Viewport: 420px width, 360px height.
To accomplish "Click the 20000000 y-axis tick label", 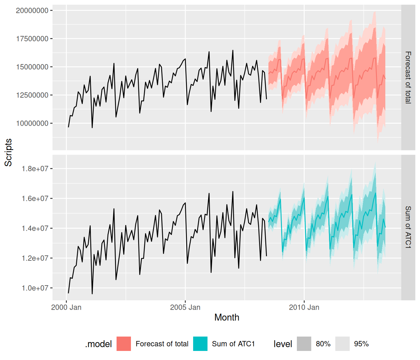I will (x=32, y=11).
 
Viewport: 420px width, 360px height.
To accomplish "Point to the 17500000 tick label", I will (x=32, y=39).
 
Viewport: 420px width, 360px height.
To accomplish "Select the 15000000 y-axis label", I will (x=32, y=67).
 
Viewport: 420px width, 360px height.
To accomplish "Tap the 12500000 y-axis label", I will (x=32, y=95).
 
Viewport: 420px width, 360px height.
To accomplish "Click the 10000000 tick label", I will (x=32, y=123).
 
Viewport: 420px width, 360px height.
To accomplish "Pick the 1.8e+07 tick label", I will (x=35, y=169).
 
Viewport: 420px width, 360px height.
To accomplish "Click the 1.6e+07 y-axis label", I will (x=35, y=198).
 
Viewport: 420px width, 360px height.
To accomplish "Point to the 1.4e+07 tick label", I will (x=35, y=228).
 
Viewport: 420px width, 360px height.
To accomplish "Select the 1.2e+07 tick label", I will (x=35, y=258).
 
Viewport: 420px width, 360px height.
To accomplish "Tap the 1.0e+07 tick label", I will (x=35, y=288).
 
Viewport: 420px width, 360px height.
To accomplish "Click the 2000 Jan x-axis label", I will (x=66, y=307).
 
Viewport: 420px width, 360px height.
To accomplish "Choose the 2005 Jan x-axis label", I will (x=185, y=307).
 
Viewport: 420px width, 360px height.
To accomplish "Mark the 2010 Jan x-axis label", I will (x=304, y=307).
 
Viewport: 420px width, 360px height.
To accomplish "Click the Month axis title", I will (x=227, y=317).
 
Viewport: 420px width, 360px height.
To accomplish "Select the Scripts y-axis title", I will (x=8, y=152).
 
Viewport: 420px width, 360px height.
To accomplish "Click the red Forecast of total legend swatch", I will (x=124, y=344).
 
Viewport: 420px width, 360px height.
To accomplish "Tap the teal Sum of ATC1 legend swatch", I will (x=200, y=344).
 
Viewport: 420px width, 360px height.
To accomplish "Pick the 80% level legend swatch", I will (x=304, y=344).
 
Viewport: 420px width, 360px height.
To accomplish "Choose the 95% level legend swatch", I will (x=342, y=344).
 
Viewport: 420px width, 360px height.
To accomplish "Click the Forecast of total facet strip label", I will (x=408, y=77).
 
